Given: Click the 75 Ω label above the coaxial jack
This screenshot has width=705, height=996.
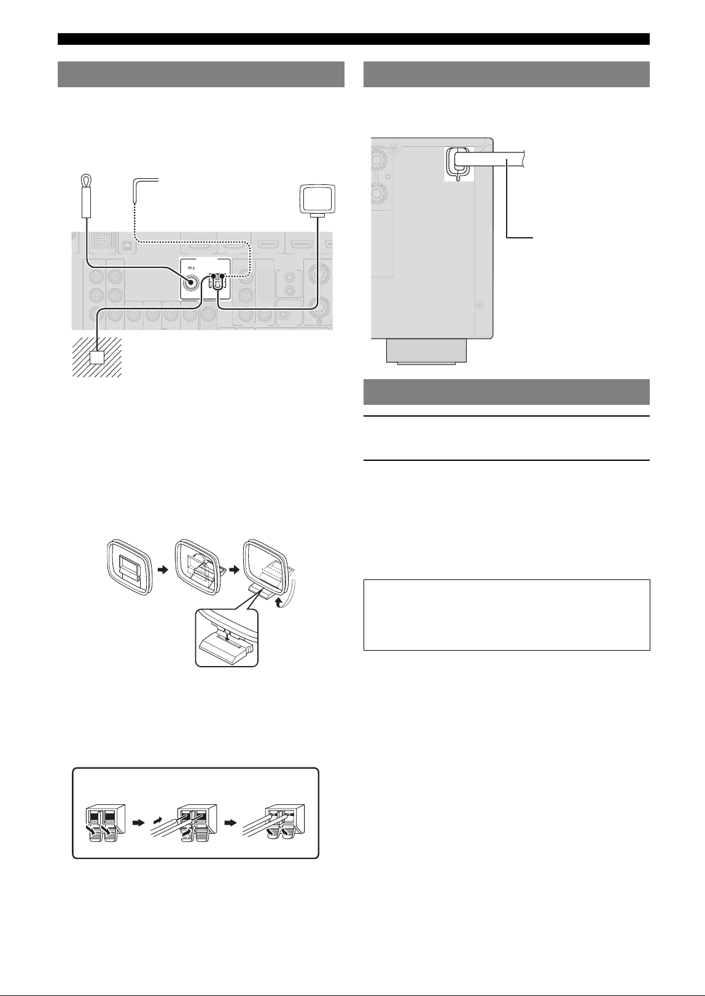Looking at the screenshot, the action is (x=191, y=268).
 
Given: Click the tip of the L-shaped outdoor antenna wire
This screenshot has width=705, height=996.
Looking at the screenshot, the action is (x=134, y=203).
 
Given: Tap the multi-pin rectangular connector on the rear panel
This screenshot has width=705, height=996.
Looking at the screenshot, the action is (x=101, y=240).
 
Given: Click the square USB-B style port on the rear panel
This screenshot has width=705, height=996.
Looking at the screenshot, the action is (x=127, y=245).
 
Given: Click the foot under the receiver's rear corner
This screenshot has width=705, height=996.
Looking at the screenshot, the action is (x=426, y=351).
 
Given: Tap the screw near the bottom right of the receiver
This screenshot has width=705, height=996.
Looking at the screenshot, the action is (x=480, y=305).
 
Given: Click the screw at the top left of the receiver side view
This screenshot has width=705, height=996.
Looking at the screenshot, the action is (x=392, y=147).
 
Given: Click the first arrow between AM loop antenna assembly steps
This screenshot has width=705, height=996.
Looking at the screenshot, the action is (x=163, y=569).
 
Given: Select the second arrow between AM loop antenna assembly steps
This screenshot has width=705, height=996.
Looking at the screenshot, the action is (x=234, y=569).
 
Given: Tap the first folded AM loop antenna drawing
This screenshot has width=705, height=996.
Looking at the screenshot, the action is (x=131, y=567).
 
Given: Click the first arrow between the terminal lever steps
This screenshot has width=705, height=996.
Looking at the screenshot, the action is (x=139, y=823).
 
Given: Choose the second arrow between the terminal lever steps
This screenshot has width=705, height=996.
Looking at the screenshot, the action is (x=230, y=823).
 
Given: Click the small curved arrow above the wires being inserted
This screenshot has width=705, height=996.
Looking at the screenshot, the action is (x=158, y=820).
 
